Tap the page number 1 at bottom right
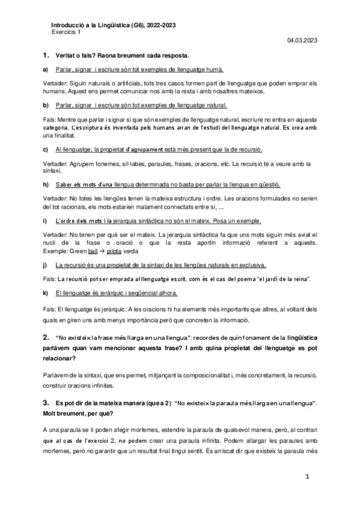pos(307,477)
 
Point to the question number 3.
pos(46,401)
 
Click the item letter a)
pos(46,70)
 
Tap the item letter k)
pos(46,293)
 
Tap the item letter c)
pos(46,149)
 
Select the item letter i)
pos(45,221)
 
